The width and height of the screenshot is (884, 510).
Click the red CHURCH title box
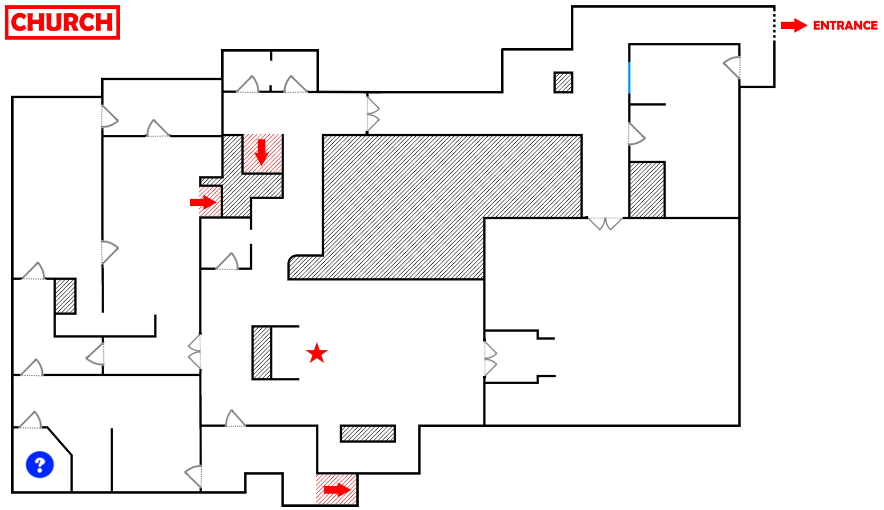pos(62,23)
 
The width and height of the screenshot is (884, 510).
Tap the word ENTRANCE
pos(845,25)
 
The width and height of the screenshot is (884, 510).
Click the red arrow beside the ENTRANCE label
pos(794,25)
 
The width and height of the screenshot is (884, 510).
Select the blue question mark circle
pos(40,465)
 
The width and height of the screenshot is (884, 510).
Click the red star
pos(317,353)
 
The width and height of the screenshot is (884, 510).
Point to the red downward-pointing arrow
pos(261,152)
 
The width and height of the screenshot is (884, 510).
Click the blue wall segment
pos(629,78)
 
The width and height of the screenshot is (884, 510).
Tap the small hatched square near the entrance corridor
pos(563,82)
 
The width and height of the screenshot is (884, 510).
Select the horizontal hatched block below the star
pos(368,433)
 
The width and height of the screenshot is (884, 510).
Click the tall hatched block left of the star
pos(262,353)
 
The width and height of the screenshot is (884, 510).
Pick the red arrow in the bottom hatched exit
pos(338,490)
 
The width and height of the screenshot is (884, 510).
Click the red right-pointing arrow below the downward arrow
pos(203,202)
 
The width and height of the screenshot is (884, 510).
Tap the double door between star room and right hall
pos(490,359)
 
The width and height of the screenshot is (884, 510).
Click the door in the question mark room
pos(30,420)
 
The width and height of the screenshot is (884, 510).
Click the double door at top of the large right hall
pos(605,224)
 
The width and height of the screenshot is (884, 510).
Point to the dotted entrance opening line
pos(774,25)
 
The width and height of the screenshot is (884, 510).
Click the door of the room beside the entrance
pos(733,68)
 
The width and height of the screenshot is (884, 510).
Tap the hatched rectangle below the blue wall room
pos(647,190)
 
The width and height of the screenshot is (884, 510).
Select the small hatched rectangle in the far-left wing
pos(65,296)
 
